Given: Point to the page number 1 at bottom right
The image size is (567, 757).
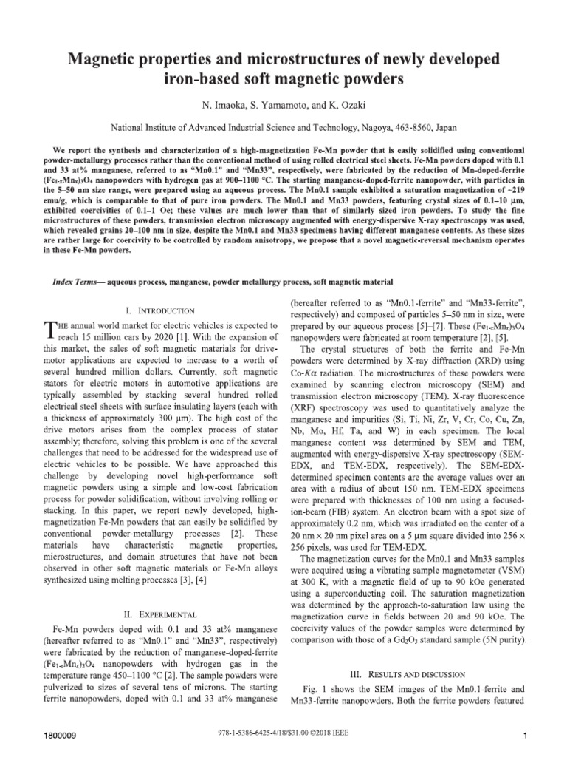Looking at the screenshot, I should pyautogui.click(x=523, y=736).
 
